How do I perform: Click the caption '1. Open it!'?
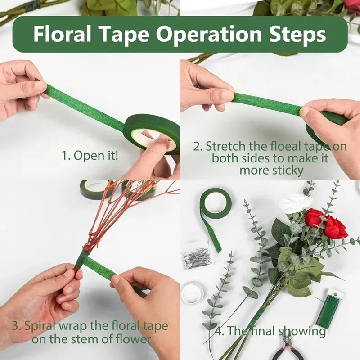[x=90, y=156]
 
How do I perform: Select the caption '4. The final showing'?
[x=270, y=331]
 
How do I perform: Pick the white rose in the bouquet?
[x=295, y=203]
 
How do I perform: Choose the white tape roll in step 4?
[x=193, y=293]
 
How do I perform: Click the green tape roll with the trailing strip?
[x=215, y=203]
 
